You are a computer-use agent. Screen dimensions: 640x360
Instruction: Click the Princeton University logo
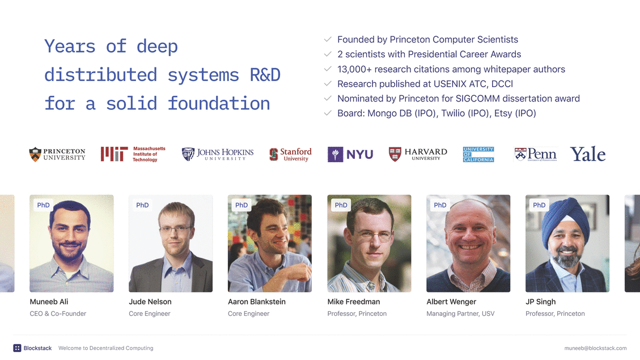[57, 154]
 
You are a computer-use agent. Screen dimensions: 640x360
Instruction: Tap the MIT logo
[133, 154]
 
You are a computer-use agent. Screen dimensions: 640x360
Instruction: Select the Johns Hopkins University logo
[218, 154]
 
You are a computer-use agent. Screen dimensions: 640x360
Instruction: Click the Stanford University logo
[290, 154]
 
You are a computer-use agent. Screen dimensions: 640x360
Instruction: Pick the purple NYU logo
[350, 154]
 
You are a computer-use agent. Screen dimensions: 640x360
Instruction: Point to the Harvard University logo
[418, 154]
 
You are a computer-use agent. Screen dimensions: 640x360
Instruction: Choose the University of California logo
[478, 154]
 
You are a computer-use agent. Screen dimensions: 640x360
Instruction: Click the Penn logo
[535, 154]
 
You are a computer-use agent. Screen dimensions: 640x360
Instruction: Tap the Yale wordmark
[588, 154]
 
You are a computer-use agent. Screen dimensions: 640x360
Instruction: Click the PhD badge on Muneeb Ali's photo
[43, 205]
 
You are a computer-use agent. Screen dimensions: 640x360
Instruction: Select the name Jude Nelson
[150, 302]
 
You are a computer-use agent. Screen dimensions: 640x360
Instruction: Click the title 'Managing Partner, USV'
[460, 314]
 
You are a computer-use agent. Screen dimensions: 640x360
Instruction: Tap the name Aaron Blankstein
[257, 302]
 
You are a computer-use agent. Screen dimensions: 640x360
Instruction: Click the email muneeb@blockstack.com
[596, 348]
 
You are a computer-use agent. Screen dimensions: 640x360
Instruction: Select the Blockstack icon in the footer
[17, 348]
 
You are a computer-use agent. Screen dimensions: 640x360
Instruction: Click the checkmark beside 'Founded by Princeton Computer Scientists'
[328, 40]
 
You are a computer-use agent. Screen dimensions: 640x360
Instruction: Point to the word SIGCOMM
[477, 99]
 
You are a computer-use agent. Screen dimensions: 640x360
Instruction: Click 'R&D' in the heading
[265, 75]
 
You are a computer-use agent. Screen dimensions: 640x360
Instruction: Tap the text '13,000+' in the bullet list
[355, 69]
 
